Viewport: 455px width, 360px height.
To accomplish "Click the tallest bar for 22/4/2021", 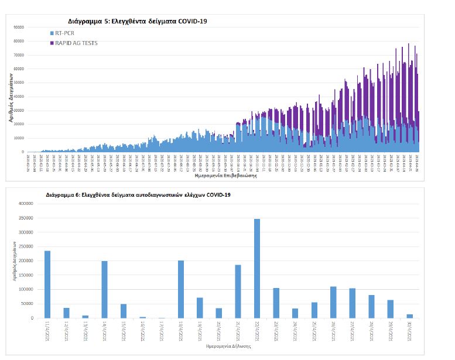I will [256, 269].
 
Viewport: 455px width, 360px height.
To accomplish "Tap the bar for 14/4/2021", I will [104, 289].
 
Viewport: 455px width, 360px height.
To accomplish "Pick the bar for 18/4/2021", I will [181, 289].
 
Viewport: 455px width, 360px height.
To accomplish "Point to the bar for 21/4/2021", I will [238, 292].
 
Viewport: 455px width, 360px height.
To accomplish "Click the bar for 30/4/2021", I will [409, 316].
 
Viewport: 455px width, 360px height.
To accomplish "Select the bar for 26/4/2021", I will [333, 302].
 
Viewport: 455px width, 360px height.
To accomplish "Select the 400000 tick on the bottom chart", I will [26, 204].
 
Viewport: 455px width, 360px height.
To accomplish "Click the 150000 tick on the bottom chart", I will [26, 275].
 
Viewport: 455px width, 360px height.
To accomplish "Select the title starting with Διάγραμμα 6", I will [138, 193].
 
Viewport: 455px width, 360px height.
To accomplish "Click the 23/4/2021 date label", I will [276, 331].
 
